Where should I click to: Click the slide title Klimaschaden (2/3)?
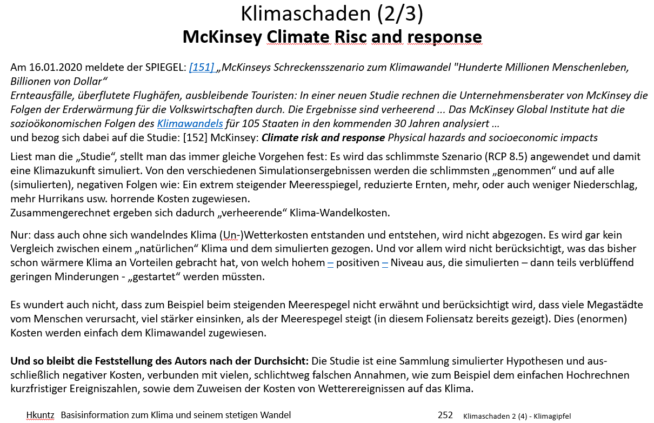(331, 14)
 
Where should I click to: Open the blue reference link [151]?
(201, 68)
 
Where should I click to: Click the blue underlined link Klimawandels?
(190, 123)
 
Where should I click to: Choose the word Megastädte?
(612, 305)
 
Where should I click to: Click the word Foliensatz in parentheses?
(470, 319)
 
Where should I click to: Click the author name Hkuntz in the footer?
(40, 415)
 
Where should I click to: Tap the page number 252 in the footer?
(445, 415)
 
